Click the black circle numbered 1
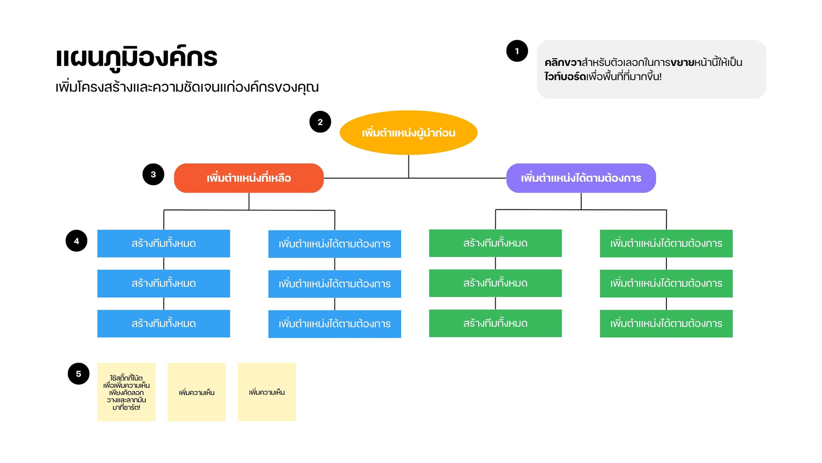click(x=517, y=51)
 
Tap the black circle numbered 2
click(x=320, y=121)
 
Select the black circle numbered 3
click(x=153, y=174)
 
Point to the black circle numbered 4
click(x=77, y=241)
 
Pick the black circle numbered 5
click(x=79, y=373)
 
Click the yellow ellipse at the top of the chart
click(x=408, y=133)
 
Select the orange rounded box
click(x=249, y=178)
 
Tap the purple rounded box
click(x=581, y=178)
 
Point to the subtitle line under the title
click(x=187, y=87)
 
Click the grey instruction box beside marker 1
click(x=651, y=69)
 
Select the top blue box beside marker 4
click(x=164, y=244)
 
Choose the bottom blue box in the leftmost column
click(x=164, y=324)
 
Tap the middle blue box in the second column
click(x=334, y=284)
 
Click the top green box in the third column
click(x=495, y=243)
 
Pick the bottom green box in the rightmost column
click(x=666, y=324)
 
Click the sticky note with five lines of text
click(x=126, y=392)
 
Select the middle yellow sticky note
click(x=197, y=392)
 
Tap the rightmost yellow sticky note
click(x=267, y=392)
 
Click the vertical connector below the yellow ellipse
click(x=408, y=167)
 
